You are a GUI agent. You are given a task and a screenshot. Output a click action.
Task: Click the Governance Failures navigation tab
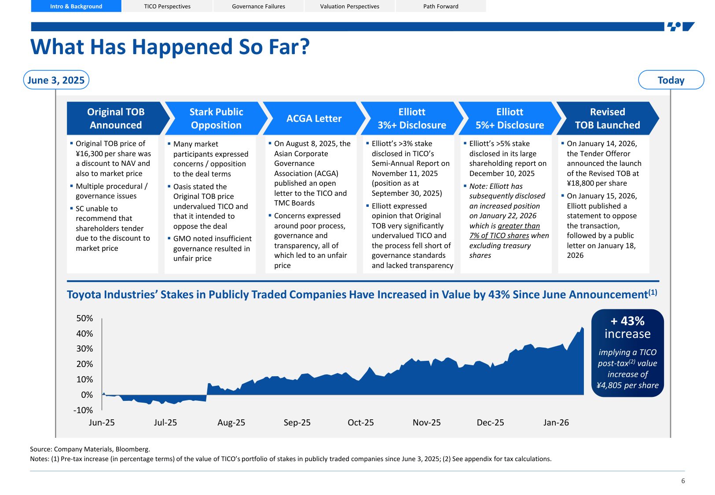(258, 6)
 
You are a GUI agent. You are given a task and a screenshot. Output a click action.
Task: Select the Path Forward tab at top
(440, 6)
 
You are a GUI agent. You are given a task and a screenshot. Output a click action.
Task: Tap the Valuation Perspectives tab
(349, 6)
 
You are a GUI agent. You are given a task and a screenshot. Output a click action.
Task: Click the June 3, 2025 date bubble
(56, 80)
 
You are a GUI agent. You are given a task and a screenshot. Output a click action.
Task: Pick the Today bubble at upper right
(671, 80)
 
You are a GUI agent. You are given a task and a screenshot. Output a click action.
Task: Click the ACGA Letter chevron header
(314, 118)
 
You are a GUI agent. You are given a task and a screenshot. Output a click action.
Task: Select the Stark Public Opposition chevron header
(216, 118)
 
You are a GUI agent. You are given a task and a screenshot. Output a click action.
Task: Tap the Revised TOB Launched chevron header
(607, 118)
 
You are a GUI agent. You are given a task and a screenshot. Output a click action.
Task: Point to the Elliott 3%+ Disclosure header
(411, 118)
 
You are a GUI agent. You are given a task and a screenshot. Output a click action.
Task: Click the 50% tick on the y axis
(84, 318)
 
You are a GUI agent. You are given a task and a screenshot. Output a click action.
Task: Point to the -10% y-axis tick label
(83, 410)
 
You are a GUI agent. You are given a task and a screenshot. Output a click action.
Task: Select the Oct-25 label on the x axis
(360, 422)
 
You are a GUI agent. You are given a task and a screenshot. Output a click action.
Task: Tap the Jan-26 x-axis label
(556, 422)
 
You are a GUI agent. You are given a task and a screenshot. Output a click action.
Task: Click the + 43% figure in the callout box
(627, 321)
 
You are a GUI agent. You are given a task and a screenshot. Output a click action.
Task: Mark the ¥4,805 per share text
(627, 385)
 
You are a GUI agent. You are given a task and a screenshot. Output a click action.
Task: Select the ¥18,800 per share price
(597, 183)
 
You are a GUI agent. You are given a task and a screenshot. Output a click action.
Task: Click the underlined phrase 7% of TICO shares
(499, 235)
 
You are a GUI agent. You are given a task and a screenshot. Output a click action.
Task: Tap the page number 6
(683, 481)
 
